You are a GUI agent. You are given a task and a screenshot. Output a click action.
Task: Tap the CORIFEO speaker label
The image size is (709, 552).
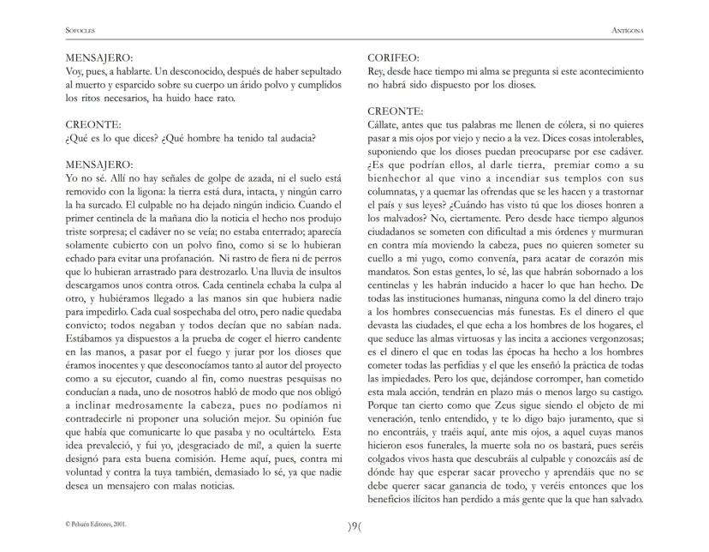click(x=394, y=58)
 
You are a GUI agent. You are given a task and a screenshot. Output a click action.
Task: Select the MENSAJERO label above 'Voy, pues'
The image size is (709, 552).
click(x=98, y=58)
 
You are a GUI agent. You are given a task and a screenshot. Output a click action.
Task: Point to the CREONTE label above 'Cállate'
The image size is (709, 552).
click(x=395, y=111)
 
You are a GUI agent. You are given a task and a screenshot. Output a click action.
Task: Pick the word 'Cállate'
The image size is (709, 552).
click(x=385, y=125)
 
